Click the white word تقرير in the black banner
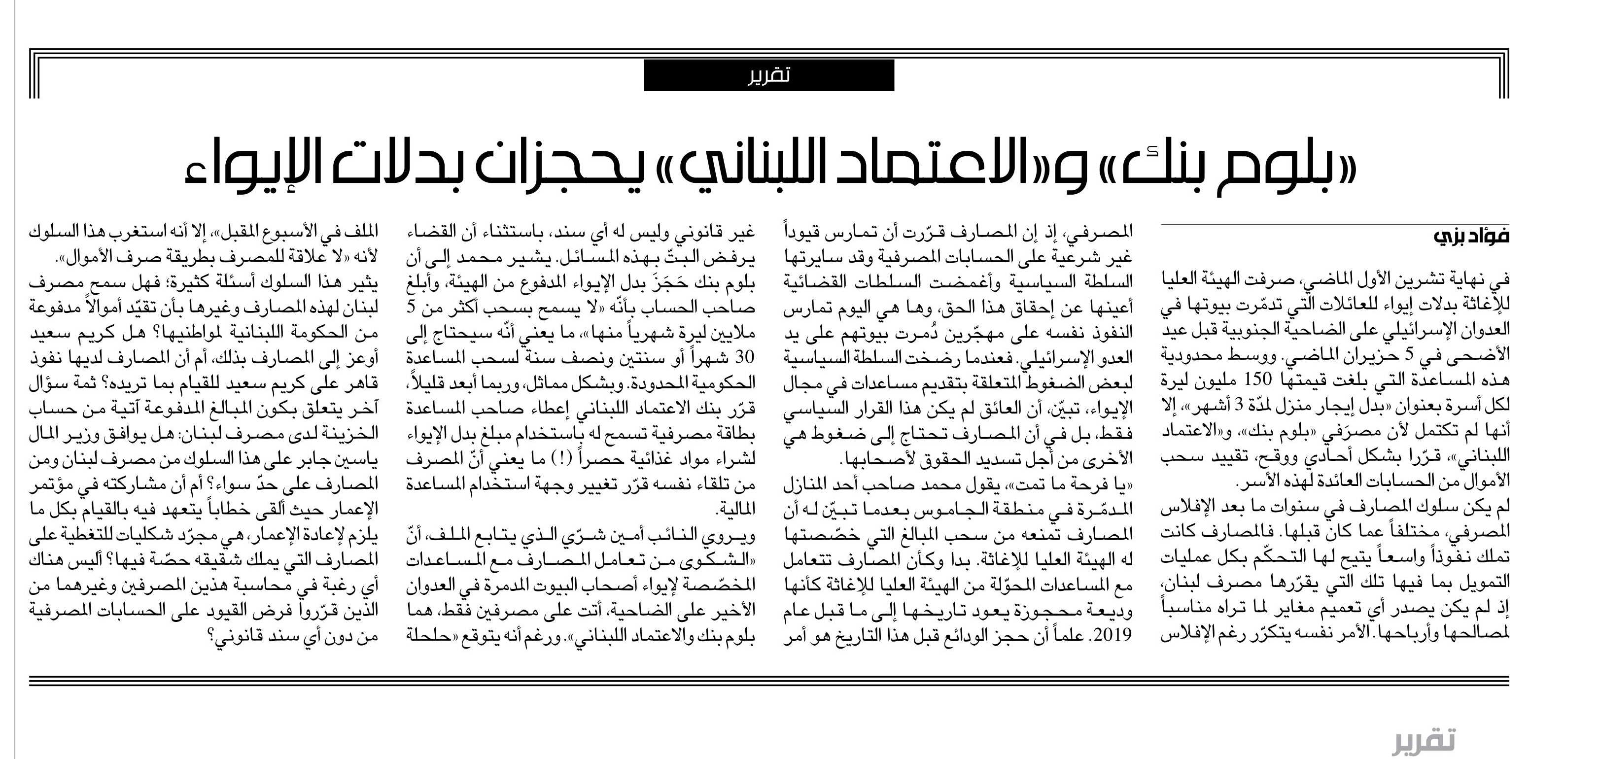tap(769, 76)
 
